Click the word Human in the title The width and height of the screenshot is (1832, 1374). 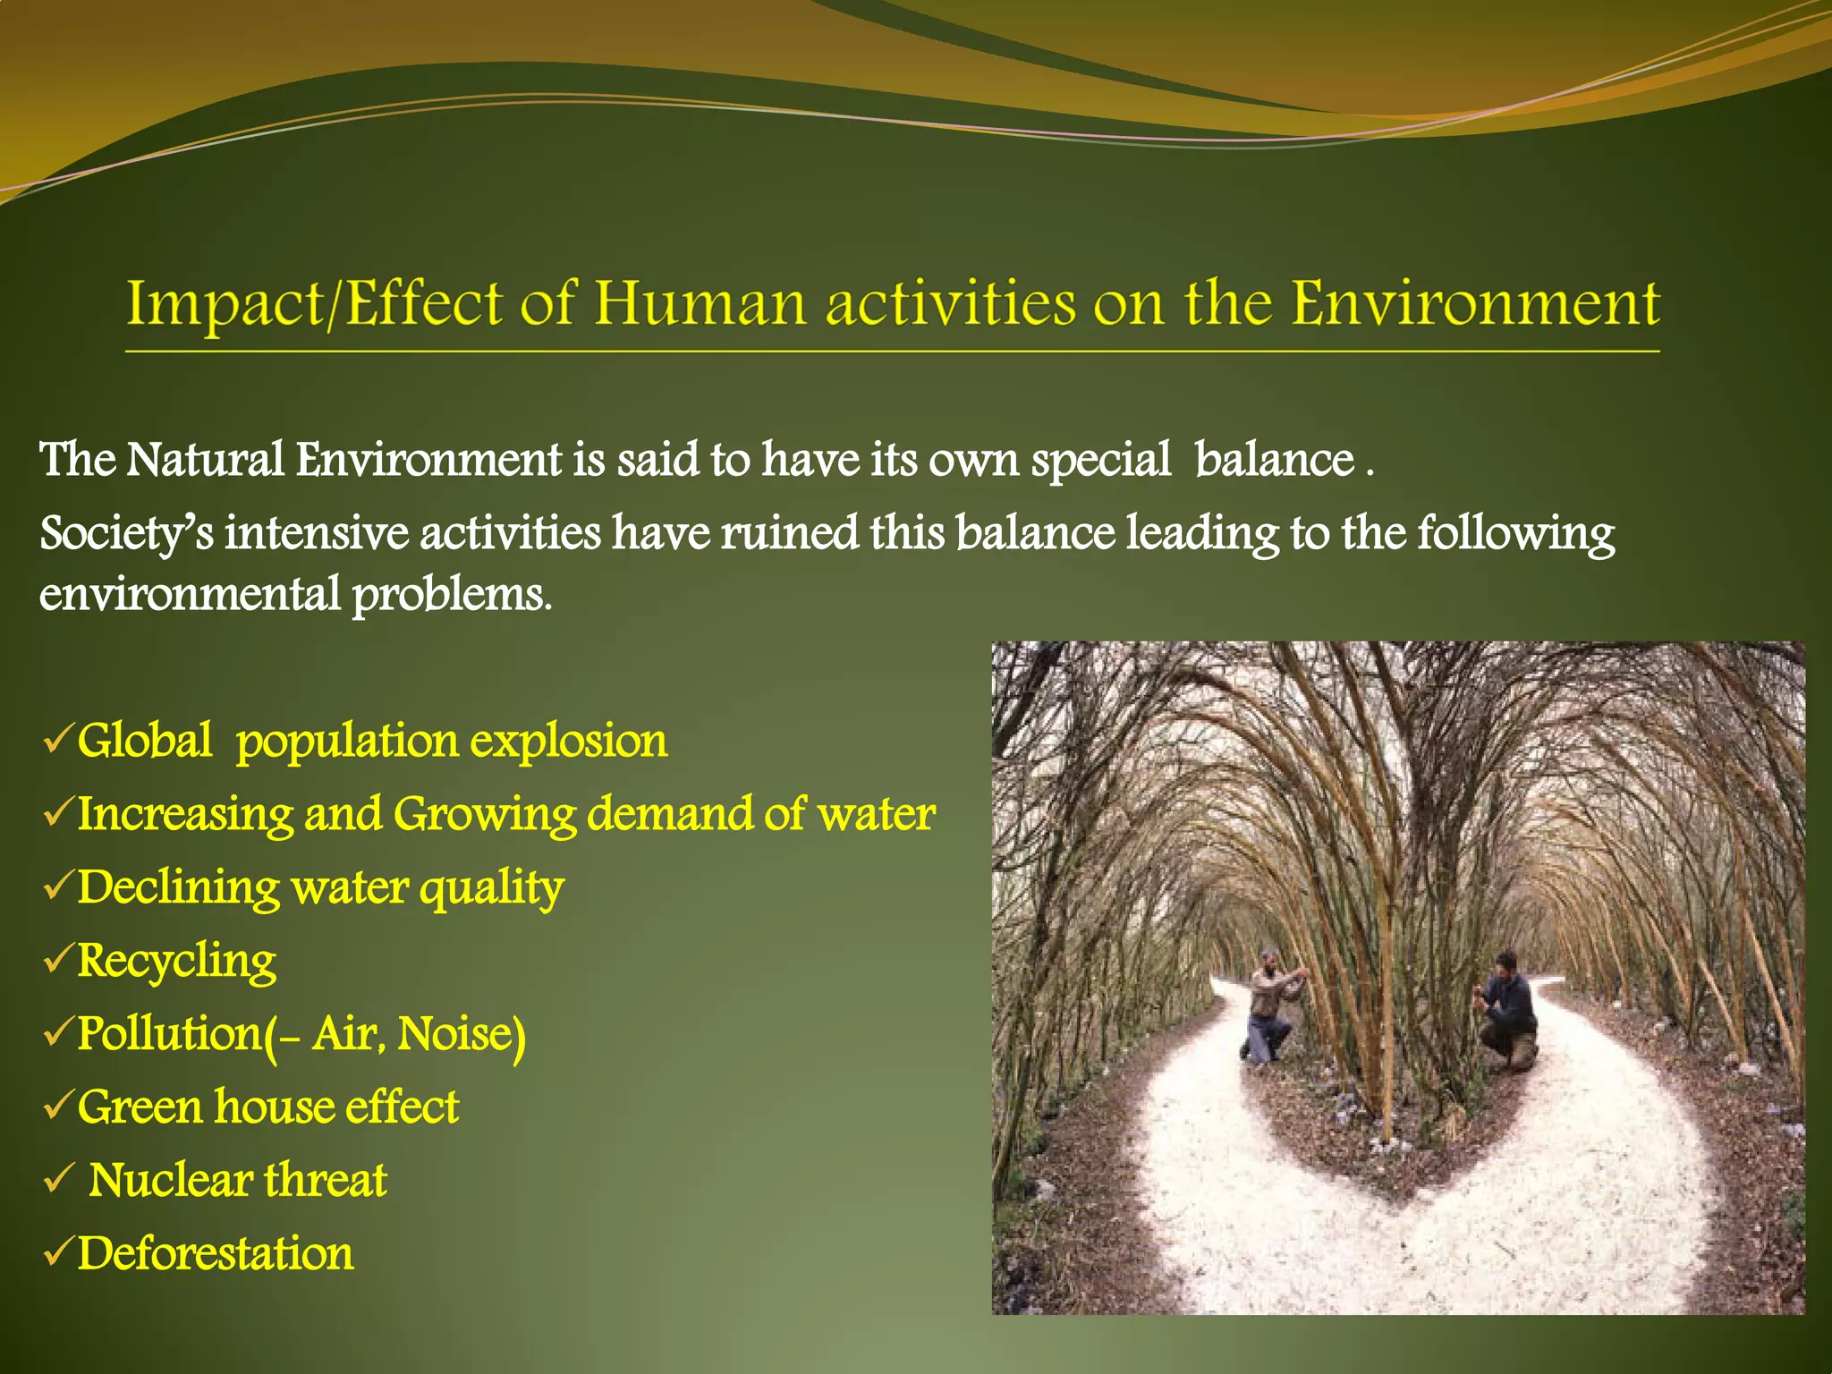click(699, 303)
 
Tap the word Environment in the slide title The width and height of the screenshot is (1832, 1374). click(1475, 303)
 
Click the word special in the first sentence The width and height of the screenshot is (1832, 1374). click(1100, 462)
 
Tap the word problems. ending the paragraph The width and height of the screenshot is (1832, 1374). click(452, 596)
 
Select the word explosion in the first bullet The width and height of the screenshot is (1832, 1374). click(569, 742)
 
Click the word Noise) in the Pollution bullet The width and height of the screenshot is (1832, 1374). click(461, 1035)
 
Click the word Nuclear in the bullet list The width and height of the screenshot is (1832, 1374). click(170, 1181)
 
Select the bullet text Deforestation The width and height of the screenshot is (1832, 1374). click(215, 1254)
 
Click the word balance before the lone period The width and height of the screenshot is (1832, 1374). click(1275, 461)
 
